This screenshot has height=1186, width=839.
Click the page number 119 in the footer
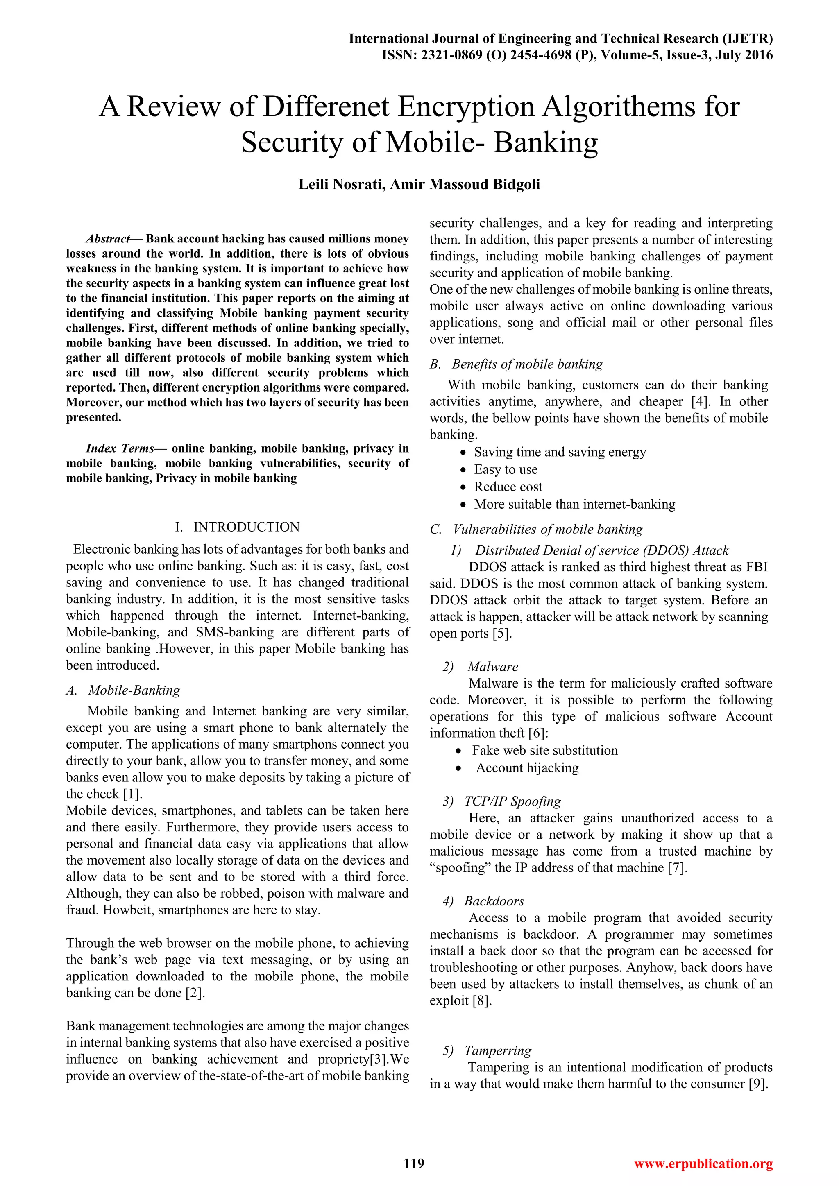point(414,1163)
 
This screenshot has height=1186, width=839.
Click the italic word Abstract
point(107,239)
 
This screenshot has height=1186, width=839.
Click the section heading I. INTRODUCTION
point(237,527)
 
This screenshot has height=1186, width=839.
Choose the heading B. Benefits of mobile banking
point(516,364)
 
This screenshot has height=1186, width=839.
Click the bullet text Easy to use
point(506,470)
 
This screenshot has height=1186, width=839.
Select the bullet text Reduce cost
point(508,487)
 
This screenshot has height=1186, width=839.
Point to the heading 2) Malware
point(481,666)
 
